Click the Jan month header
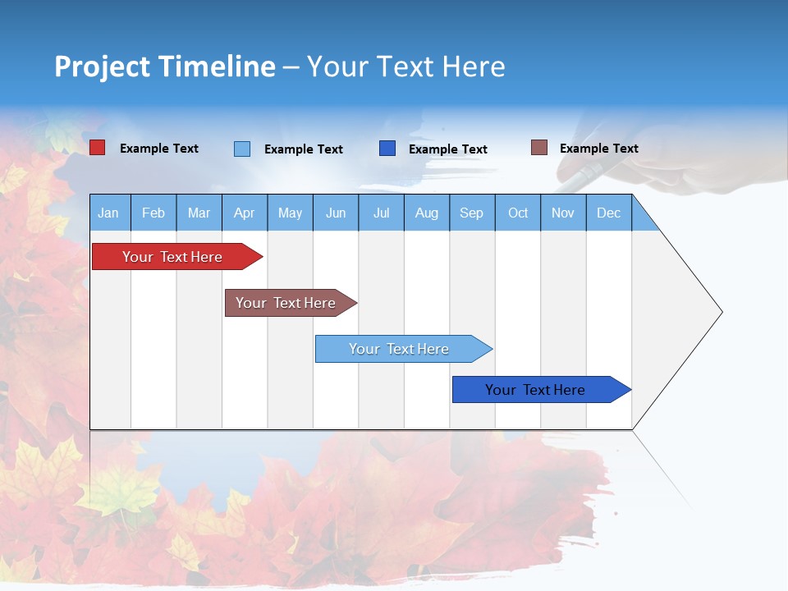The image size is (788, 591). [109, 213]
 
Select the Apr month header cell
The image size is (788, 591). [245, 213]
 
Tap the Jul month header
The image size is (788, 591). [381, 213]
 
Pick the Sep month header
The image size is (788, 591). [472, 213]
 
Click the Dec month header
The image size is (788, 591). [608, 213]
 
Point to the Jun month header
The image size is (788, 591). [336, 213]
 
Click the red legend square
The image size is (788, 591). [97, 148]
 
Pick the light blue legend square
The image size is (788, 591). [242, 149]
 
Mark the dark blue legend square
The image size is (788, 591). [387, 149]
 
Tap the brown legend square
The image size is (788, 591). [538, 148]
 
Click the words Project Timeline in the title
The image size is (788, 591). [165, 66]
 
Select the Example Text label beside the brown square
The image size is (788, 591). [598, 149]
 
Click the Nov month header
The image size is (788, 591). [563, 213]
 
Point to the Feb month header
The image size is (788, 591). [153, 213]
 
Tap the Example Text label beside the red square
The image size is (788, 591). [159, 149]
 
